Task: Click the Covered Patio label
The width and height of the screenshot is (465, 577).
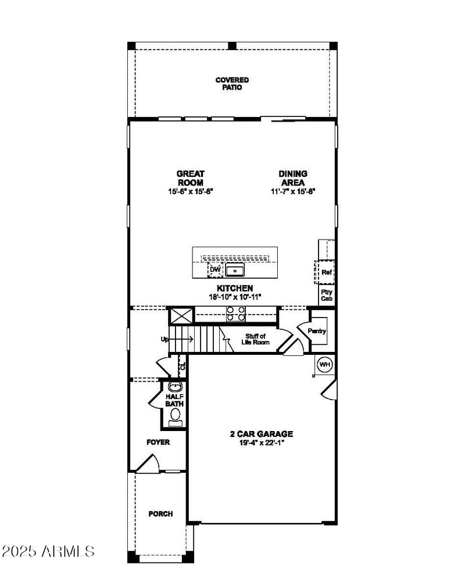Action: tap(232, 84)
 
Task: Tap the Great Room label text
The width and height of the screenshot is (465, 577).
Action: tap(191, 178)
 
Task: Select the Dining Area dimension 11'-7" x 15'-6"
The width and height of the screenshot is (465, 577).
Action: tap(292, 191)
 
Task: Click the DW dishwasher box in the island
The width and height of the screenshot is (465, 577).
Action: tap(215, 270)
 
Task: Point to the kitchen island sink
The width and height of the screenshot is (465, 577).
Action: tap(235, 270)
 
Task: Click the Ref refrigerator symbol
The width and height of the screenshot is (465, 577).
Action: tap(325, 272)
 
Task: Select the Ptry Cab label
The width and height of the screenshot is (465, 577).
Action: tap(327, 295)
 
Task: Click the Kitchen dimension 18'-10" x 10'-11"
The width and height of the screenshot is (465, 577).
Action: tap(235, 297)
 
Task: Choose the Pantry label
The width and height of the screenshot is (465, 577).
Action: tap(317, 331)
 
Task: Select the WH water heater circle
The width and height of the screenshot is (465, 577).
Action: tap(324, 365)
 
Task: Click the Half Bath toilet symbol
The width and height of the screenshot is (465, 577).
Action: tap(174, 414)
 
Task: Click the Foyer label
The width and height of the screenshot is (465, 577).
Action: tap(158, 443)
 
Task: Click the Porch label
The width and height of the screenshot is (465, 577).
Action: tap(160, 514)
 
